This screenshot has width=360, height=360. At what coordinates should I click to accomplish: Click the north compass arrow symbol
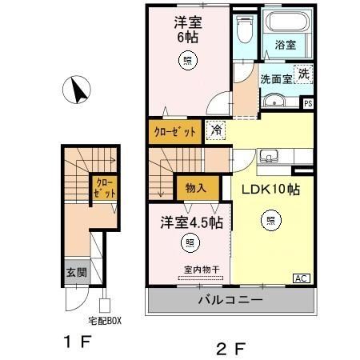[80, 90]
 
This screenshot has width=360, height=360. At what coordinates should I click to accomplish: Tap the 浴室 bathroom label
[286, 46]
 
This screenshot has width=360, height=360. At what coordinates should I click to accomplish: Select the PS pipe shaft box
[308, 102]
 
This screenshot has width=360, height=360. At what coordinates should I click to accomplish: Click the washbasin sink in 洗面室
[274, 101]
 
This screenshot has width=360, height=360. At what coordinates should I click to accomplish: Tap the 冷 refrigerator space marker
[215, 128]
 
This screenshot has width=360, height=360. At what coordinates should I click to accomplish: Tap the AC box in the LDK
[301, 278]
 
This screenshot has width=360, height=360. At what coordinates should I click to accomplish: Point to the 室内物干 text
[190, 272]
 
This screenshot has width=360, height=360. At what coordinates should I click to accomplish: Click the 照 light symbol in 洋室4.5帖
[190, 242]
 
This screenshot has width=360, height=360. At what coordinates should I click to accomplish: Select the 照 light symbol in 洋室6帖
[187, 58]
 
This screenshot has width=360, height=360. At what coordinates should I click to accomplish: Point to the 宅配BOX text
[104, 320]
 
